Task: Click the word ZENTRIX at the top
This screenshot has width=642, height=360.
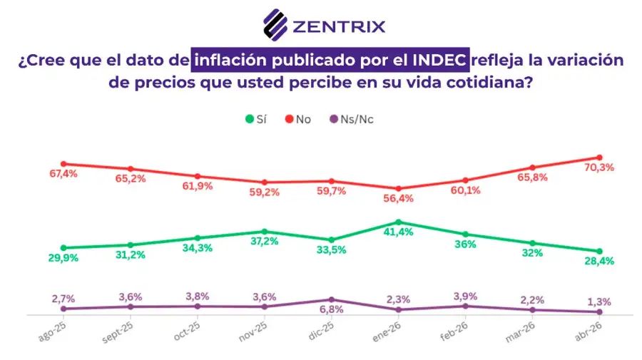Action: coord(339,27)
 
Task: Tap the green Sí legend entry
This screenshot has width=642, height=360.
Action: coord(255,119)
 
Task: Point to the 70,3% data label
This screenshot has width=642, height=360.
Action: coord(600,168)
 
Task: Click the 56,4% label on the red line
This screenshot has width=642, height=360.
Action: coord(399,199)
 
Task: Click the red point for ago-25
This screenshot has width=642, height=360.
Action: coord(63,164)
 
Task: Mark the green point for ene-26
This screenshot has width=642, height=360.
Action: coord(399,222)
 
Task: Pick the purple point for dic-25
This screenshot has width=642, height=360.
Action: coord(332,299)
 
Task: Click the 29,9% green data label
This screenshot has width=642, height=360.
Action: coord(63,258)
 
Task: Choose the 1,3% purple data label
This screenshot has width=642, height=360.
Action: coord(600,300)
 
